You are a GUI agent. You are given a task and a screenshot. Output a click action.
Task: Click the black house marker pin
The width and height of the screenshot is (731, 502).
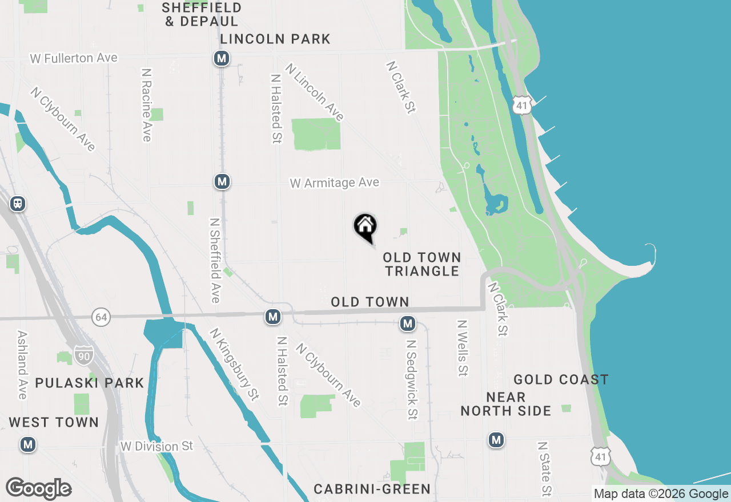pos(365,228)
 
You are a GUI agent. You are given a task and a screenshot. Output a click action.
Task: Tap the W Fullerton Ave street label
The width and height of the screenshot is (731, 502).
pos(74,58)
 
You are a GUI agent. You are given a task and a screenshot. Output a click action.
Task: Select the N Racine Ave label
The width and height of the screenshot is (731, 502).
pos(147,105)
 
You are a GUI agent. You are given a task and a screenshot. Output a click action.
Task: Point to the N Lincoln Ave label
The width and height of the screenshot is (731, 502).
pos(315,92)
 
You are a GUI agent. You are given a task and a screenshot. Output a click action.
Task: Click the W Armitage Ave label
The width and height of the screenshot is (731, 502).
pos(334,183)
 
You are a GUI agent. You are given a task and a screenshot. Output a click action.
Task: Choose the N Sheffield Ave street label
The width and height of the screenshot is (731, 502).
pos(215,260)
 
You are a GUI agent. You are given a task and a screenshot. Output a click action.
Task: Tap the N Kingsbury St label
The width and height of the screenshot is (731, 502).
pos(234,364)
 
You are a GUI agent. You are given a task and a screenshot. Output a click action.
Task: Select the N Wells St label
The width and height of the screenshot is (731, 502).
pos(462,347)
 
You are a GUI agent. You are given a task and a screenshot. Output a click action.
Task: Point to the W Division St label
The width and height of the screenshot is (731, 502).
pos(157,446)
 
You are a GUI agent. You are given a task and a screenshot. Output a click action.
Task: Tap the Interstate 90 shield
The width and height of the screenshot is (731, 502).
pos(83,355)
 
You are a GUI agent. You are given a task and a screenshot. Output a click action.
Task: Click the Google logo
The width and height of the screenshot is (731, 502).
pos(38,488)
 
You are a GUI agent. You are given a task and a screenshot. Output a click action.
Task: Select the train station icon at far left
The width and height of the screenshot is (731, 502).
pos(18,204)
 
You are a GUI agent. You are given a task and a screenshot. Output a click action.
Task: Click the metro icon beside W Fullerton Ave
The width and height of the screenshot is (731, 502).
pos(222,58)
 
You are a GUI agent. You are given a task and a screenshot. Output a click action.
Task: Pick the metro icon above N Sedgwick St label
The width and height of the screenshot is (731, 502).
pos(407,324)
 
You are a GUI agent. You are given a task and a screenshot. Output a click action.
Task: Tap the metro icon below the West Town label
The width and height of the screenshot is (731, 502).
pos(27,444)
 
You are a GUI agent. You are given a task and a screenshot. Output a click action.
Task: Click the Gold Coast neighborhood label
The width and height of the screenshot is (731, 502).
pos(561,380)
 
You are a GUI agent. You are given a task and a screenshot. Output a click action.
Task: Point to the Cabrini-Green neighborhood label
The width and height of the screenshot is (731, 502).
pos(372,489)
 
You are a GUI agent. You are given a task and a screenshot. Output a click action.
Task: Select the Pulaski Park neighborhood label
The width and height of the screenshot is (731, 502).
pos(90,383)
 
